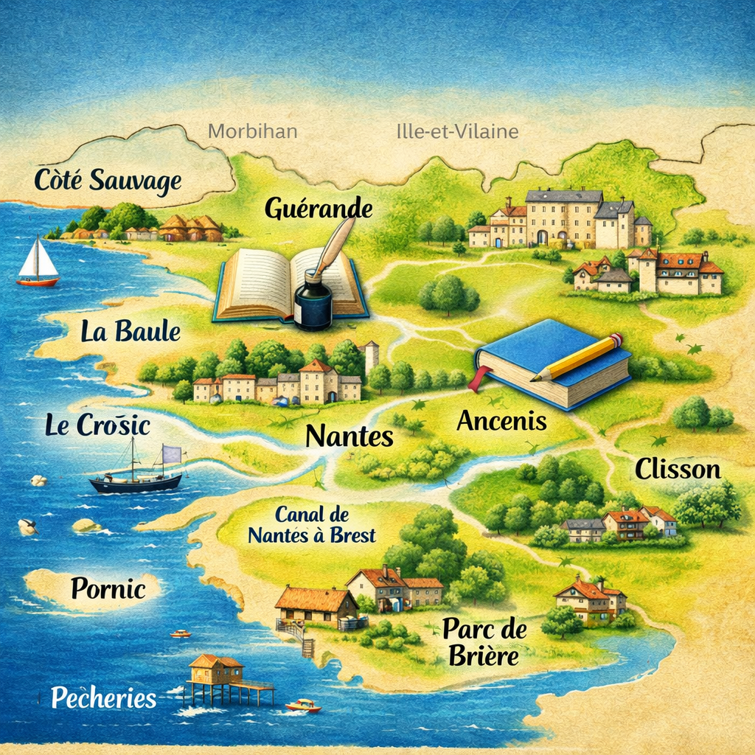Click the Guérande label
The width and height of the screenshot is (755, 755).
(x=319, y=209)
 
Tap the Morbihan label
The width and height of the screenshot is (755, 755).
(x=252, y=132)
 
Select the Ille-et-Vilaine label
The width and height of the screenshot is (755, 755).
(x=457, y=132)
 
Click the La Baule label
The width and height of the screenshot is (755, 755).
(x=131, y=332)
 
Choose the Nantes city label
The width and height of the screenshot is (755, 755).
(x=349, y=436)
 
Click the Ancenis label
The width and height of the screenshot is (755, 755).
(x=501, y=421)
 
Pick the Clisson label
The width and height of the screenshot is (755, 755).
(x=678, y=469)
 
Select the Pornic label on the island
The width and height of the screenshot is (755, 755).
(x=108, y=588)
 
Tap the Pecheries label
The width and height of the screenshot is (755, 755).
(x=104, y=697)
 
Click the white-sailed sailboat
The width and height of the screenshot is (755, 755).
(x=38, y=262)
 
